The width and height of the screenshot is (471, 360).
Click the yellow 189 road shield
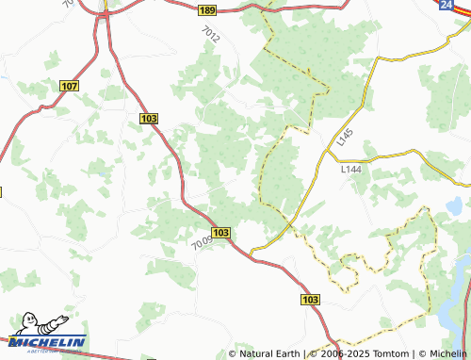(x=207, y=10)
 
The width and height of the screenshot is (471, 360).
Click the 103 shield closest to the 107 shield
(x=148, y=118)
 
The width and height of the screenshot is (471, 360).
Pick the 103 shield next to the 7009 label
(x=221, y=232)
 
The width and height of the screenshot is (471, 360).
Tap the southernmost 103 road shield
(x=312, y=299)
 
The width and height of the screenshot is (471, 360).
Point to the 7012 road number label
(x=210, y=36)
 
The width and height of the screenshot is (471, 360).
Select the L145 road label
(x=344, y=137)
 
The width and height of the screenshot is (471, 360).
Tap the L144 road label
(x=350, y=170)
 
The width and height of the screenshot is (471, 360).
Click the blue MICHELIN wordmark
(x=49, y=342)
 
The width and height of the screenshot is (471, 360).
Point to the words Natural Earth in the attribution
(x=268, y=353)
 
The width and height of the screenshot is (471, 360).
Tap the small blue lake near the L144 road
(x=454, y=205)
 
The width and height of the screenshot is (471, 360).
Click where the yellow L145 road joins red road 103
(x=254, y=249)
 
